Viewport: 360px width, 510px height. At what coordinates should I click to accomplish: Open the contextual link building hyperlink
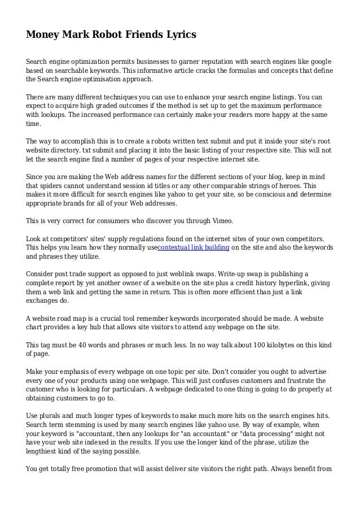point(193,247)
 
